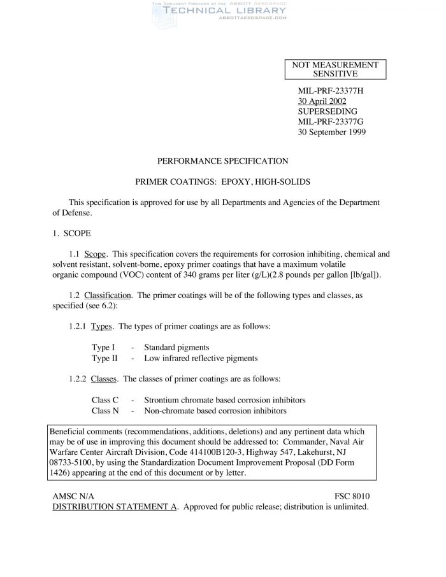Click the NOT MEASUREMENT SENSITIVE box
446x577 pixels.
[335, 69]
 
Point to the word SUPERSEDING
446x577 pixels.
[323, 111]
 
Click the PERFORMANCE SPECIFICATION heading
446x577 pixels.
[223, 160]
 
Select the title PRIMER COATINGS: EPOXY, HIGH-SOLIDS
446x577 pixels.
[223, 182]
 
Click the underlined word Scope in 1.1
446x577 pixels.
[96, 253]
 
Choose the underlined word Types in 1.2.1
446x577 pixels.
[102, 326]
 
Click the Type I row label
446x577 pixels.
[103, 347]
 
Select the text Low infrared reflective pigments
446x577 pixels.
[201, 358]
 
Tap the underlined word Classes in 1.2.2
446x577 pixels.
[104, 378]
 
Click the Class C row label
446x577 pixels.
[105, 399]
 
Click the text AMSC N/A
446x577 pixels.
[76, 495]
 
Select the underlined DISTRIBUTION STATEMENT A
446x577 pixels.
[115, 506]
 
